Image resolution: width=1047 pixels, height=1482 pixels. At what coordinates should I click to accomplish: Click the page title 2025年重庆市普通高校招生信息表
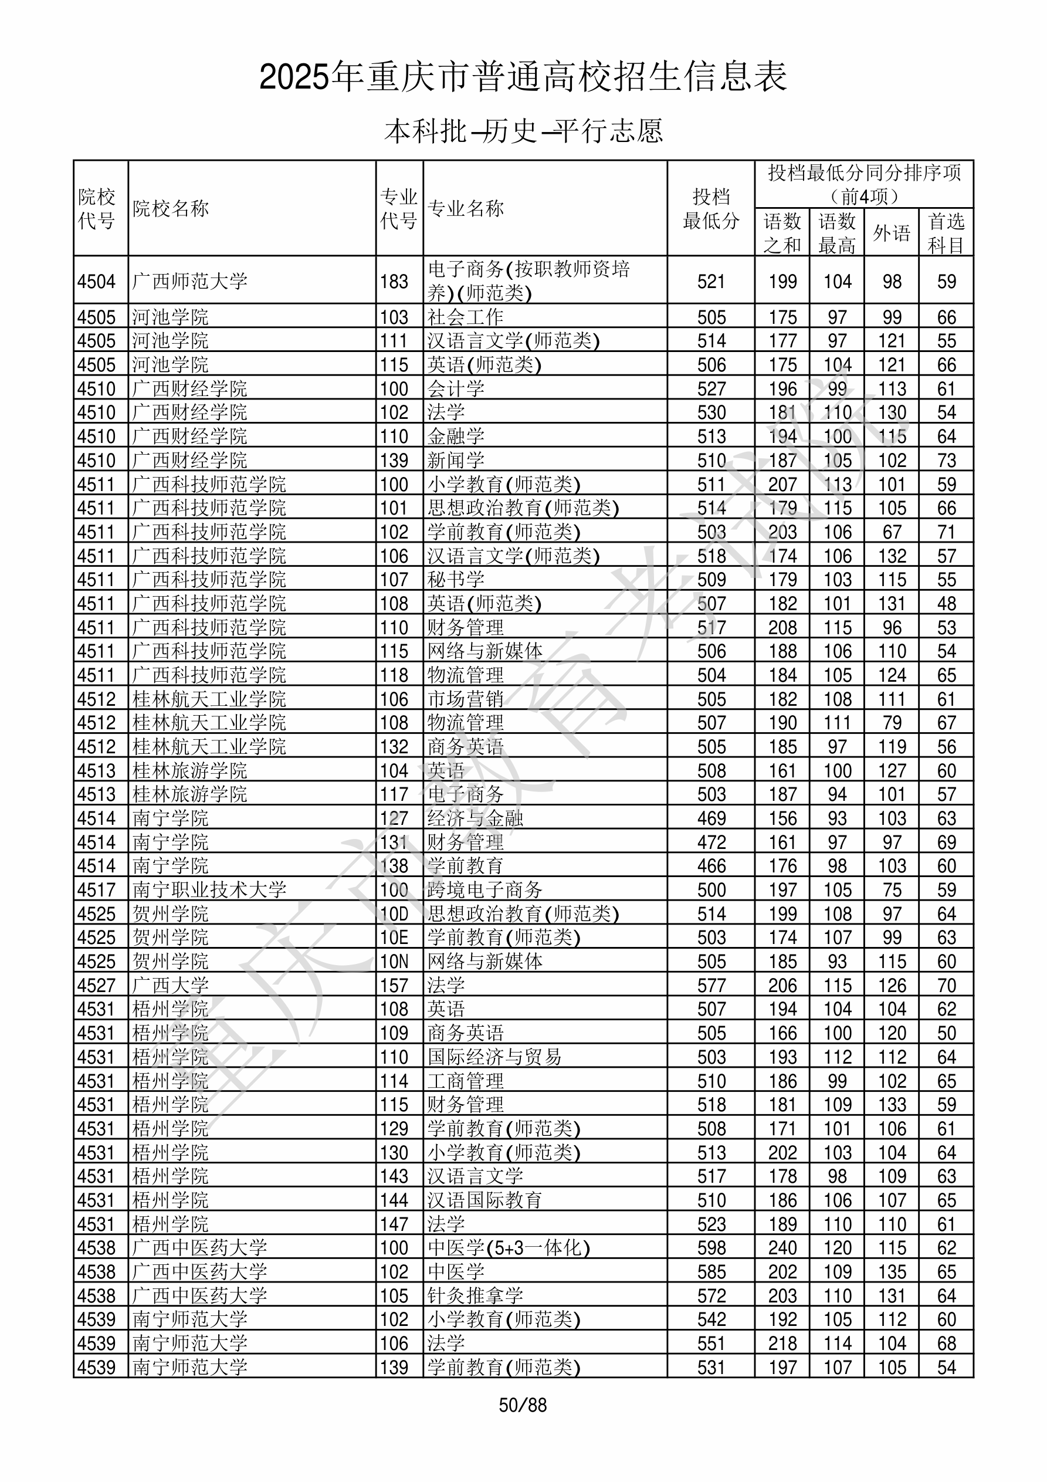pyautogui.click(x=523, y=77)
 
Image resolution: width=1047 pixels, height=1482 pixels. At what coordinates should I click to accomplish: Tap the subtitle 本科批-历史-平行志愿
pyautogui.click(x=523, y=131)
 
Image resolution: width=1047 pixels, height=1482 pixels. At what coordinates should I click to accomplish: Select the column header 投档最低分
pyautogui.click(x=711, y=208)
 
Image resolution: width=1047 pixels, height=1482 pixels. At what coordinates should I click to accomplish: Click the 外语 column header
pyautogui.click(x=892, y=232)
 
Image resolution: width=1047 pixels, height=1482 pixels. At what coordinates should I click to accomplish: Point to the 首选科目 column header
pyautogui.click(x=946, y=232)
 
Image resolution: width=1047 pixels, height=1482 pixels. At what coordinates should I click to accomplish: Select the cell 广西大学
pyautogui.click(x=171, y=986)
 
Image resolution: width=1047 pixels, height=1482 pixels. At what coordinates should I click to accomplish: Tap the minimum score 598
pyautogui.click(x=711, y=1248)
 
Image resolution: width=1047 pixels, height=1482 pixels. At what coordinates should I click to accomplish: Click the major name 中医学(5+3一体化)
pyautogui.click(x=509, y=1248)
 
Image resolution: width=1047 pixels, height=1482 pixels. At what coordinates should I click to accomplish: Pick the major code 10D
pyautogui.click(x=394, y=914)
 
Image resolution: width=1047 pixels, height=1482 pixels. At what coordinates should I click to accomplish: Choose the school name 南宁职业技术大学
pyautogui.click(x=209, y=890)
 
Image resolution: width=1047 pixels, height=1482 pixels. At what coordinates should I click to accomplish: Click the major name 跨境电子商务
pyautogui.click(x=484, y=890)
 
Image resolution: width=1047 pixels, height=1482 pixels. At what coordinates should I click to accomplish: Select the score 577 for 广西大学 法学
pyautogui.click(x=711, y=986)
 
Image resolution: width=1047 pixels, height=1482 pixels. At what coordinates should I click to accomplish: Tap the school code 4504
pyautogui.click(x=96, y=282)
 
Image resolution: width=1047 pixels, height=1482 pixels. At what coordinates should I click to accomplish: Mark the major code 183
pyautogui.click(x=394, y=282)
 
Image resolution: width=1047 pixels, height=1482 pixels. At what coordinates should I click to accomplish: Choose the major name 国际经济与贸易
pyautogui.click(x=494, y=1057)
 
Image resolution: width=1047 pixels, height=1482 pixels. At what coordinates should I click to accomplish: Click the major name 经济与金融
pyautogui.click(x=475, y=818)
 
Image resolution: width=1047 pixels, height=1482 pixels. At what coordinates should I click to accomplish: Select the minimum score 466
pyautogui.click(x=711, y=866)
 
